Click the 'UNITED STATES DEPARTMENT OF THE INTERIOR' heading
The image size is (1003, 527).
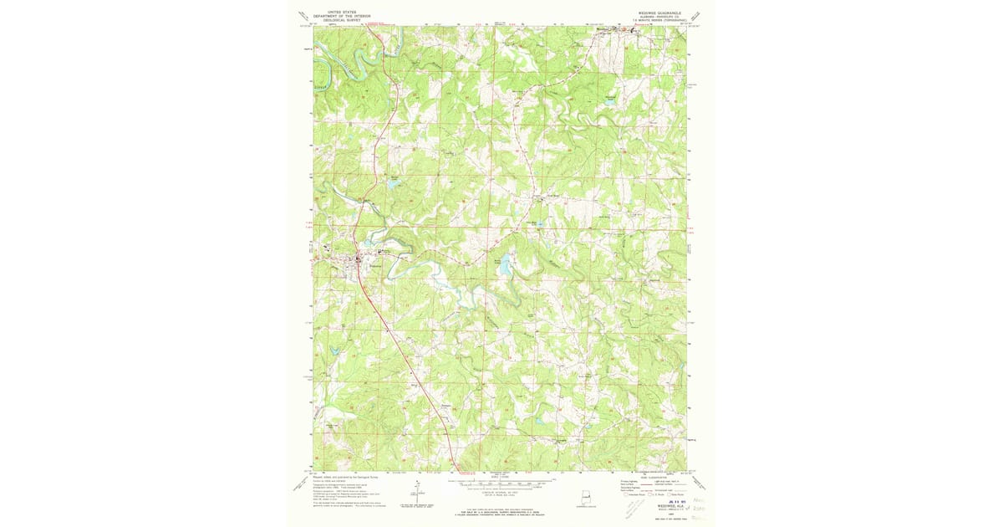(x=341, y=16)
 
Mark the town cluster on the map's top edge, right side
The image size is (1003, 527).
(x=614, y=29)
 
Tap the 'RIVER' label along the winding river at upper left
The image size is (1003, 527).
(x=318, y=85)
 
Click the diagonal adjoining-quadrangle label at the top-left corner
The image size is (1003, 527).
(x=303, y=17)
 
